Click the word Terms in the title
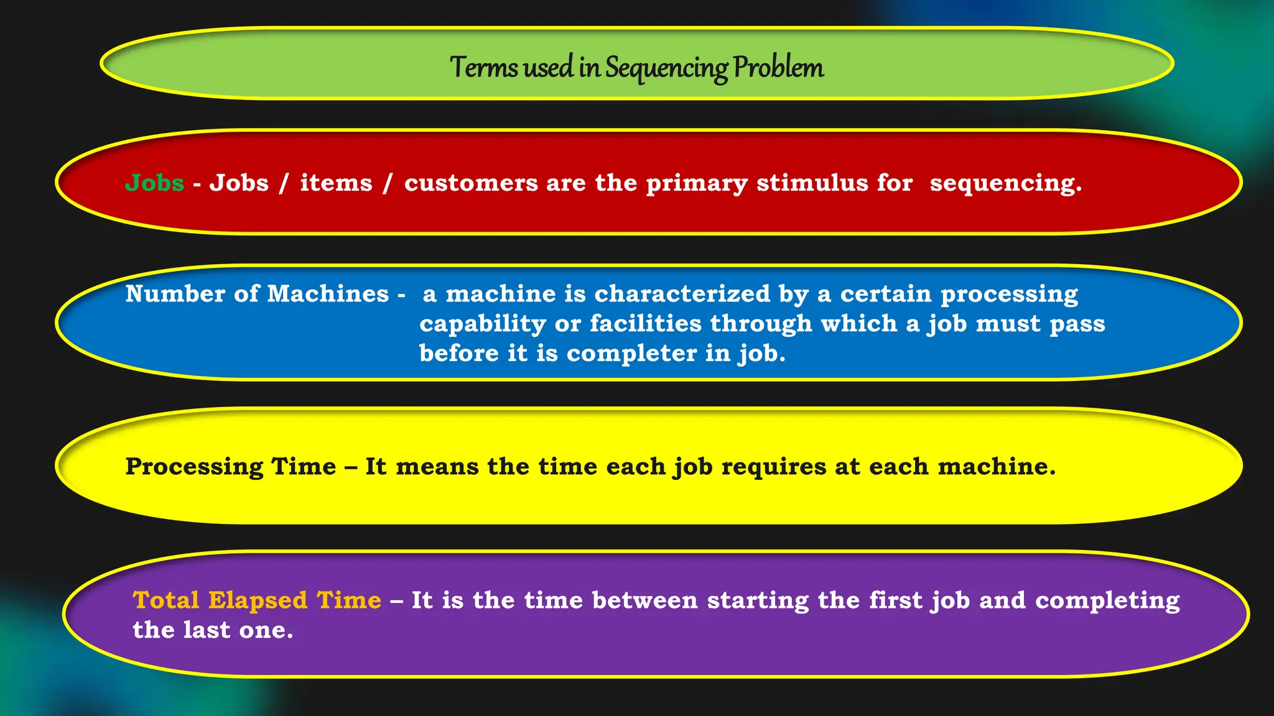click(x=484, y=67)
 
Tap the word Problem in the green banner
click(x=778, y=67)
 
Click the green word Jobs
click(x=154, y=183)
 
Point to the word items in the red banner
click(x=336, y=183)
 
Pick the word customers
click(x=470, y=183)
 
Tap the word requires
click(x=774, y=467)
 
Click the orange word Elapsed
click(x=258, y=600)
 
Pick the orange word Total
click(x=166, y=600)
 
